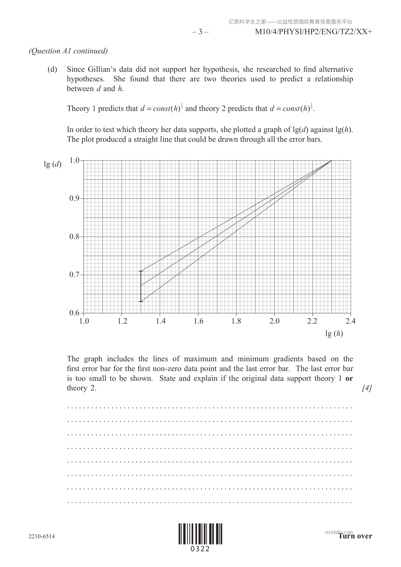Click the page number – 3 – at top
200,32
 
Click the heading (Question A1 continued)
68,51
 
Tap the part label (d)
52,69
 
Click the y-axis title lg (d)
53,164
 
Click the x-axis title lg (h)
334,334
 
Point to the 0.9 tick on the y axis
75,198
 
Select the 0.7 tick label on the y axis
75,275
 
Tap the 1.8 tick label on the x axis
236,321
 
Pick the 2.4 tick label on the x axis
350,321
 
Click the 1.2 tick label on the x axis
123,321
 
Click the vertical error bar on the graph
141,286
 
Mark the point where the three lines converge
332,161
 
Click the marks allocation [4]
367,388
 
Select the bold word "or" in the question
349,378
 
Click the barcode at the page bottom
200,534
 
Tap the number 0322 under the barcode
200,549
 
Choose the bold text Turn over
355,536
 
